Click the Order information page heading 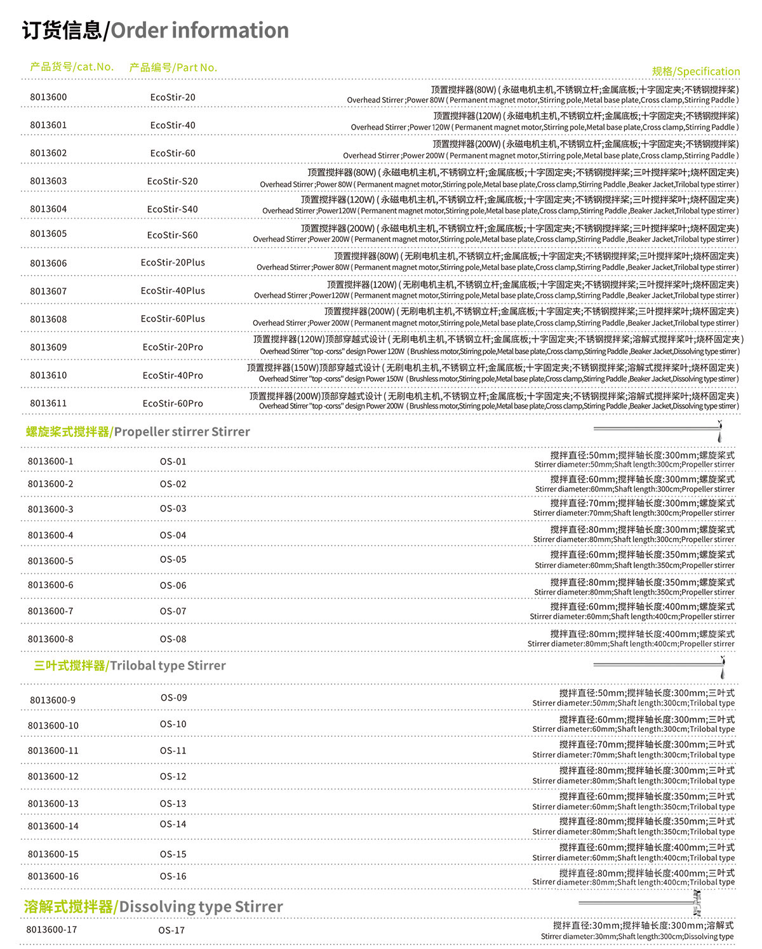point(156,30)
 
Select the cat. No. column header point(72,67)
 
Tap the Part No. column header point(173,67)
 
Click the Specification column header point(695,71)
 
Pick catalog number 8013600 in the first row point(48,97)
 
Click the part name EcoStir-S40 point(173,209)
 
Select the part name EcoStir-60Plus point(173,319)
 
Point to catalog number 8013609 point(48,347)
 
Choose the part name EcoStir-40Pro point(173,375)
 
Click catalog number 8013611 point(48,403)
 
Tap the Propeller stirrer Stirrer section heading point(138,432)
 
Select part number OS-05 point(173,560)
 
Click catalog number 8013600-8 point(50,639)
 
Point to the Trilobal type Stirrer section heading point(130,666)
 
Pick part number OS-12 point(173,776)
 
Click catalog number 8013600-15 point(53,854)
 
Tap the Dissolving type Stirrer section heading point(154,906)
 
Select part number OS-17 point(171,930)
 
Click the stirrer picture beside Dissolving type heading point(641,903)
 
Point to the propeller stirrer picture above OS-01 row point(658,430)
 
